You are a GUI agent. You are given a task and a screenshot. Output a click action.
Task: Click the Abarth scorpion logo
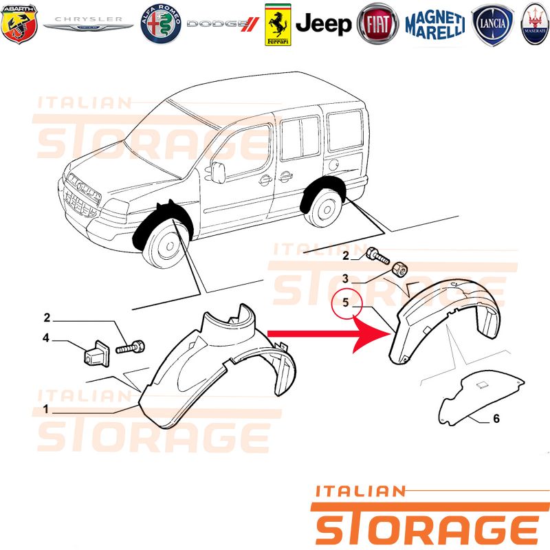tap(19, 24)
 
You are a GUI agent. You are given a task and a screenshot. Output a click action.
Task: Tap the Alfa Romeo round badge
tap(161, 24)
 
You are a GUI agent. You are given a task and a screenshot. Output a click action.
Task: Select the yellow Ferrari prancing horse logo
tap(278, 25)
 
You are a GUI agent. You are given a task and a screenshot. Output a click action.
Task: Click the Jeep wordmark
tap(323, 24)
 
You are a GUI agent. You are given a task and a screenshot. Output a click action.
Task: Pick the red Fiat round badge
tap(377, 24)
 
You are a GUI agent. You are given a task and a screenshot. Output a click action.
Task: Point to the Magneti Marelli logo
tap(435, 24)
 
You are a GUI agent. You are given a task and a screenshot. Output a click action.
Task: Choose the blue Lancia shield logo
tap(493, 25)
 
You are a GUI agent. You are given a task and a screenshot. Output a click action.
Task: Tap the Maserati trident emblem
tap(536, 24)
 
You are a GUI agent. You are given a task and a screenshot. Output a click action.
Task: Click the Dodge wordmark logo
tap(223, 24)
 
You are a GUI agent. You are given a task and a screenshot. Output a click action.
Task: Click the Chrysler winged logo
tap(88, 23)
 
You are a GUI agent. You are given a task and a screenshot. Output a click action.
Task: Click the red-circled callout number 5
tap(346, 302)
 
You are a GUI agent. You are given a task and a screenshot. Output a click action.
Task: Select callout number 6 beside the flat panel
tap(496, 418)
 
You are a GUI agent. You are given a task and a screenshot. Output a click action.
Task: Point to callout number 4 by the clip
tap(45, 338)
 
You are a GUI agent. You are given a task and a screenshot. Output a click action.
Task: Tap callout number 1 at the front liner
tap(45, 408)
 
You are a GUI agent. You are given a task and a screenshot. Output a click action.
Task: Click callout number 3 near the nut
tap(346, 278)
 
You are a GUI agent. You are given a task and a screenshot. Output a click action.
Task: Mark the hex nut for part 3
tap(399, 269)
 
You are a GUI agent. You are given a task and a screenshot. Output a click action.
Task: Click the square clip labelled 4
tap(97, 353)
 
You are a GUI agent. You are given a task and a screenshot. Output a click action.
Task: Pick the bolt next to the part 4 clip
tap(130, 347)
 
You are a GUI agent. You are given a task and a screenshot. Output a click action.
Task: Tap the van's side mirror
tap(218, 173)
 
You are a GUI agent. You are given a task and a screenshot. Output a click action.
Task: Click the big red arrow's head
tap(372, 334)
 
